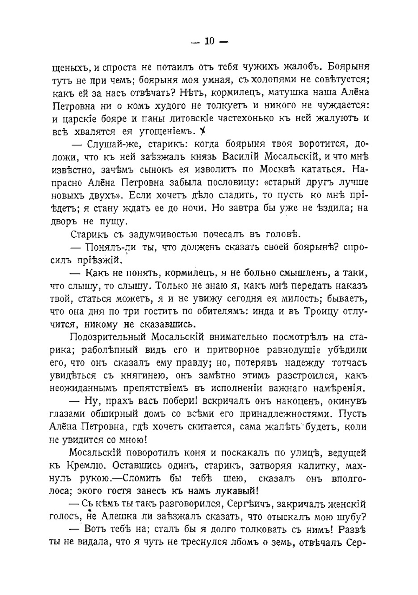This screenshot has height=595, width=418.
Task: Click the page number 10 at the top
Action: point(209,41)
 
